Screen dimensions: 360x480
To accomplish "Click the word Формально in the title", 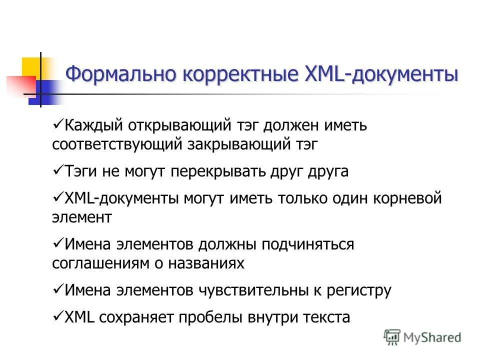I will [x=120, y=74].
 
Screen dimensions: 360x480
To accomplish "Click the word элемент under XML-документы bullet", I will [x=82, y=218].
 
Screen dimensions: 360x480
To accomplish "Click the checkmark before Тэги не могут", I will [x=57, y=171].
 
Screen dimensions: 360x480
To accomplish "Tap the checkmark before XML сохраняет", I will [x=57, y=316].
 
